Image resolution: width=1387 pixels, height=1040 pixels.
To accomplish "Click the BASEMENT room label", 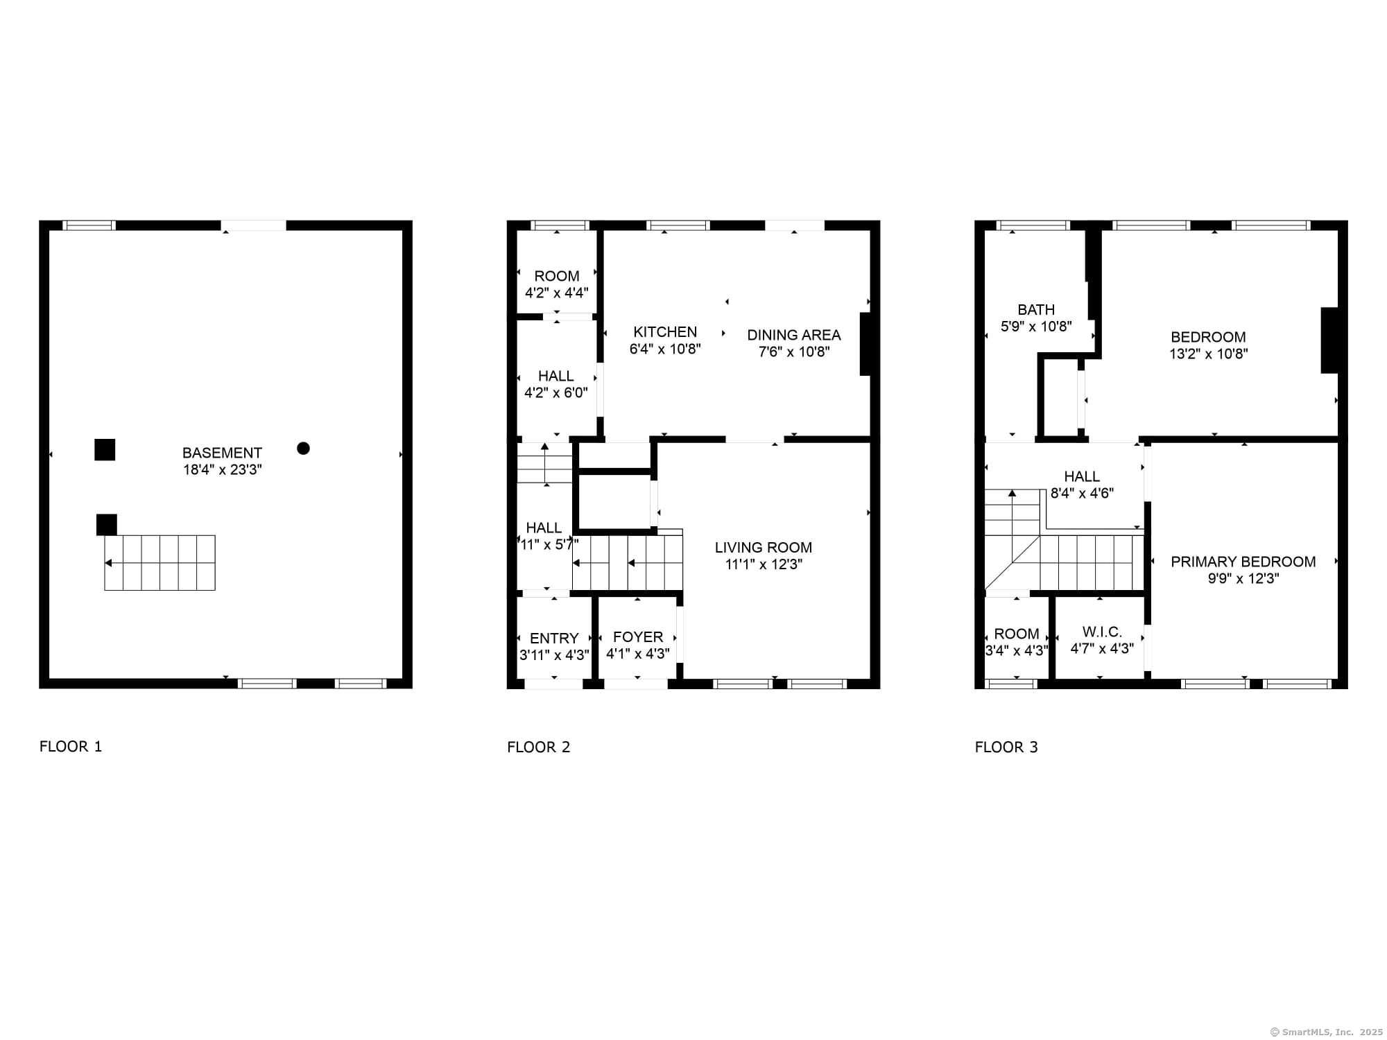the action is pos(222,453).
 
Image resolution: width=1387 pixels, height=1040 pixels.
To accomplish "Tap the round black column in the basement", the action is pos(303,448).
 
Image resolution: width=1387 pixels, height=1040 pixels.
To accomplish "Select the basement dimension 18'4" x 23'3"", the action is pos(222,469).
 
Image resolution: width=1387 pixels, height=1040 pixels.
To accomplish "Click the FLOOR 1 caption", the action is pos(71,747).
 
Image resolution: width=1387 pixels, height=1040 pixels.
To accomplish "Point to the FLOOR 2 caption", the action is pos(539,747).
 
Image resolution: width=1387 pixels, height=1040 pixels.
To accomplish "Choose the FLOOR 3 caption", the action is pos(1006,747).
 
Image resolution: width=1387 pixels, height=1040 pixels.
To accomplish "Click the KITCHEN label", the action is pos(665,332).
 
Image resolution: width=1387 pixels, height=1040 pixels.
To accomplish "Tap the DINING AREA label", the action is pos(794,335).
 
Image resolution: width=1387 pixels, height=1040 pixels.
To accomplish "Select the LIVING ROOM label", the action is pos(764,548).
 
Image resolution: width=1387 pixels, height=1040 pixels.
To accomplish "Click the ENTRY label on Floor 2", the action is pos(554,639).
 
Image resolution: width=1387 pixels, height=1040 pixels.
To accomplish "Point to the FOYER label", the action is pos(638,637).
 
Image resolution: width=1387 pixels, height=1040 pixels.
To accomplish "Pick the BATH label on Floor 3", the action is pos(1036,310).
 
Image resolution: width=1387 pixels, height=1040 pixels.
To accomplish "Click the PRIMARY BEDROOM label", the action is pos(1243,562).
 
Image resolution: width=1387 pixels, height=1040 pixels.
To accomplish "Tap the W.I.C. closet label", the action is pos(1102,632).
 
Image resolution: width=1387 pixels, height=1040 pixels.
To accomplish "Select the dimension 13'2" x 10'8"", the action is pos(1208,354).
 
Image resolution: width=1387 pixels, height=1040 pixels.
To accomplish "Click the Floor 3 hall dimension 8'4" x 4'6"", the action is pos(1082,493).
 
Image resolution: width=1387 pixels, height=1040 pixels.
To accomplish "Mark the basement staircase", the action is pos(160,563).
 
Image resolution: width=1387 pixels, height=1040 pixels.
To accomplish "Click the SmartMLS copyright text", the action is pos(1327,1032).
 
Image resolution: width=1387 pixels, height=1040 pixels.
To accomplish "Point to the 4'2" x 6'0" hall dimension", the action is pos(556,392).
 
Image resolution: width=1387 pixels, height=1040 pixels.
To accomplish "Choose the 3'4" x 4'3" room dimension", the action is pos(1017,650).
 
